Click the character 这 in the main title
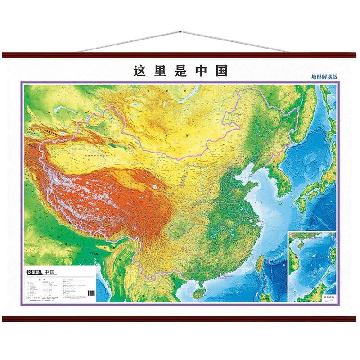(x=139, y=71)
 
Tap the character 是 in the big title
(x=180, y=71)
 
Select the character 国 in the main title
(x=221, y=71)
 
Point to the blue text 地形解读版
(x=324, y=77)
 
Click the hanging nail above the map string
(x=180, y=32)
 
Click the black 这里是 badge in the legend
(x=34, y=272)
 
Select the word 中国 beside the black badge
(x=49, y=272)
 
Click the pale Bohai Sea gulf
(x=243, y=171)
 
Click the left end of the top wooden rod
(x=4, y=55)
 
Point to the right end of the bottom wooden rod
(x=356, y=318)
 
